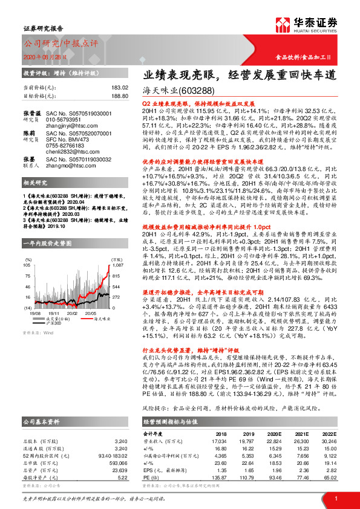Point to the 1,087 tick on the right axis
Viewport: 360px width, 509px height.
pos(118,265)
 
